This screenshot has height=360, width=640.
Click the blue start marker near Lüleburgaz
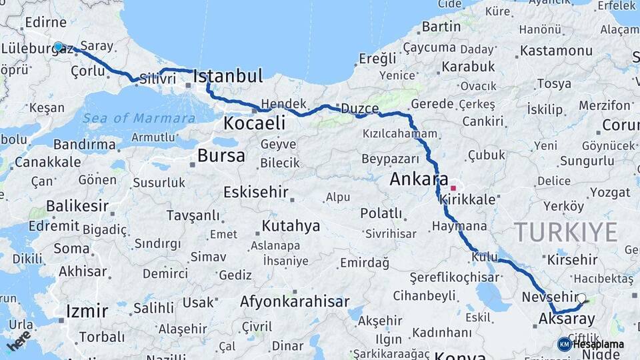(x=59, y=47)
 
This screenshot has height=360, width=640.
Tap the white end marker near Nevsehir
(x=581, y=299)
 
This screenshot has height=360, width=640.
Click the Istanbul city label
(x=228, y=76)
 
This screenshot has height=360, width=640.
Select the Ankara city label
(x=419, y=179)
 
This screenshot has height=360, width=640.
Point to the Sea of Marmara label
(x=139, y=118)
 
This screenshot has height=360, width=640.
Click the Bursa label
(x=221, y=156)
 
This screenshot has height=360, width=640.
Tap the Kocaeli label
(x=255, y=123)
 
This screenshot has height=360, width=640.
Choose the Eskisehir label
(x=256, y=192)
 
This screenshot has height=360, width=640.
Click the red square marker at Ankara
(x=453, y=188)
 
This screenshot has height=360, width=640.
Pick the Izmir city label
(x=87, y=311)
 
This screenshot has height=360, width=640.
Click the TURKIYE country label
(x=565, y=232)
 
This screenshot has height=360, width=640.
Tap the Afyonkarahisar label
(x=295, y=301)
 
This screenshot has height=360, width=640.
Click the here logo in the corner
(x=19, y=341)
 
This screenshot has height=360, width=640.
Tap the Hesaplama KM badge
(x=591, y=344)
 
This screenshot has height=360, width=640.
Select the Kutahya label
(x=291, y=226)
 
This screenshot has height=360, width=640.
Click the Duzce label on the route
(x=360, y=109)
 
